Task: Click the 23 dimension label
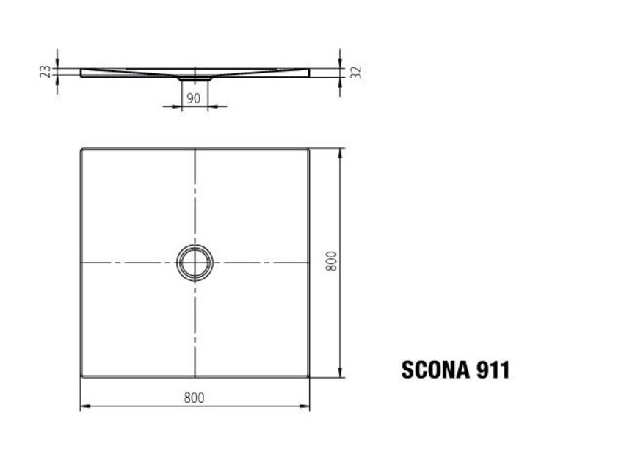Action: pyautogui.click(x=46, y=72)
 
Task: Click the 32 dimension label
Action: pyautogui.click(x=357, y=73)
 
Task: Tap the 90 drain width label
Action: pyautogui.click(x=193, y=98)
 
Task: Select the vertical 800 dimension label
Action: pyautogui.click(x=331, y=261)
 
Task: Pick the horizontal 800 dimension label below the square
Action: pyautogui.click(x=195, y=398)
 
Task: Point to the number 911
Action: pyautogui.click(x=493, y=370)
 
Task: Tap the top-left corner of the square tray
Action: pyautogui.click(x=81, y=149)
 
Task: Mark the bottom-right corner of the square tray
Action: pyautogui.click(x=309, y=376)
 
